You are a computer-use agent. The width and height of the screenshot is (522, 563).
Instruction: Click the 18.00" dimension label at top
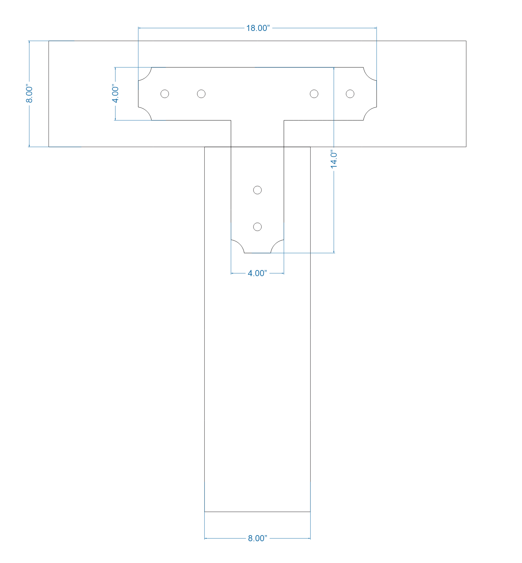pyautogui.click(x=258, y=28)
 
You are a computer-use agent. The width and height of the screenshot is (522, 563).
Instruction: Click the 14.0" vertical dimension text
pyautogui.click(x=334, y=159)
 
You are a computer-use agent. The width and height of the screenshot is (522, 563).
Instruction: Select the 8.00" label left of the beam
pyautogui.click(x=29, y=94)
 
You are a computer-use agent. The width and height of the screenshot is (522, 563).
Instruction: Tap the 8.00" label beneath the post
pyautogui.click(x=257, y=539)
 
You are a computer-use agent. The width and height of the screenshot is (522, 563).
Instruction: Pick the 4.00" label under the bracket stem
pyautogui.click(x=257, y=273)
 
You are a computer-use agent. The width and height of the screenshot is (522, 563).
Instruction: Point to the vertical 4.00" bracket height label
pyautogui.click(x=116, y=94)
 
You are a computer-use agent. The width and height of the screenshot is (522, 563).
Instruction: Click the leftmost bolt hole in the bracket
pyautogui.click(x=165, y=94)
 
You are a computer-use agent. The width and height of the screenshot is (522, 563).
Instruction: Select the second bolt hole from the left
pyautogui.click(x=201, y=94)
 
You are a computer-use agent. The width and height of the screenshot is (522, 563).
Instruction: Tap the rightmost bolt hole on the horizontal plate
pyautogui.click(x=350, y=94)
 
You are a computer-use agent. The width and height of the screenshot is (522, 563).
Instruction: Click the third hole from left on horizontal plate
pyautogui.click(x=314, y=94)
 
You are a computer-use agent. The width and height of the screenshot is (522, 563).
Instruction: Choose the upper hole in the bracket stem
pyautogui.click(x=258, y=190)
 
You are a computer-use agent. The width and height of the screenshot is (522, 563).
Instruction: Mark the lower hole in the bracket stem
pyautogui.click(x=258, y=227)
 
